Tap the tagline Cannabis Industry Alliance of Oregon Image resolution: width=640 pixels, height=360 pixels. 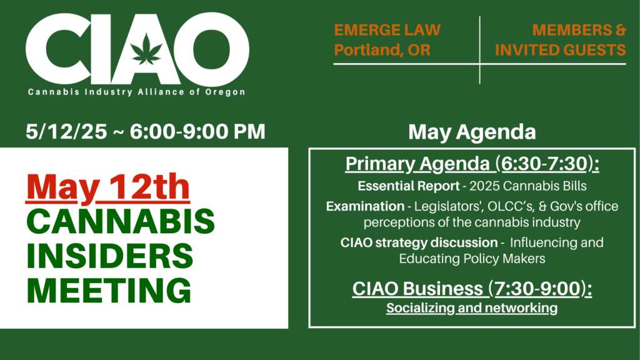coord(137,92)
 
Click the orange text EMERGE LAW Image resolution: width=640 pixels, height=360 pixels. coord(387,30)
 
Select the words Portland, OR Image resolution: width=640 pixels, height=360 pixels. coord(382,50)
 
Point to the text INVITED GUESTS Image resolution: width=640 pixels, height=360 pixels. coord(560,50)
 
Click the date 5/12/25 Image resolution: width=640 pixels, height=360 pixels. coord(66,132)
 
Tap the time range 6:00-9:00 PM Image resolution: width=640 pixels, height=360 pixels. coord(197,132)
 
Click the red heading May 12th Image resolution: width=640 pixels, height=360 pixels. coord(107,187)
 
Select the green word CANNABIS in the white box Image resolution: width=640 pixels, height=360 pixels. coord(121,221)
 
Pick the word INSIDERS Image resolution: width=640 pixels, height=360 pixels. coord(110,256)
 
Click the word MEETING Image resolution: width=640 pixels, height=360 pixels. coord(109,290)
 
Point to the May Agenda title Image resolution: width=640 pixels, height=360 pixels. coord(472,132)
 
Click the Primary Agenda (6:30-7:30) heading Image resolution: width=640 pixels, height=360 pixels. coord(472,164)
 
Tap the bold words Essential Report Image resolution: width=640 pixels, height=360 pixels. coord(409,186)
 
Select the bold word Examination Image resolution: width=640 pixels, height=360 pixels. coord(365,206)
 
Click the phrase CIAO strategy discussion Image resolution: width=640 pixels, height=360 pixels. coord(419,242)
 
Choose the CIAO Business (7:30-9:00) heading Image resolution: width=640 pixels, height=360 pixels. coord(472,289)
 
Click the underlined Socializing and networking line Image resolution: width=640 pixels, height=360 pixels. coord(472,307)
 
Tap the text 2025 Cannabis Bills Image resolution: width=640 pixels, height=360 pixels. coord(527,186)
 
